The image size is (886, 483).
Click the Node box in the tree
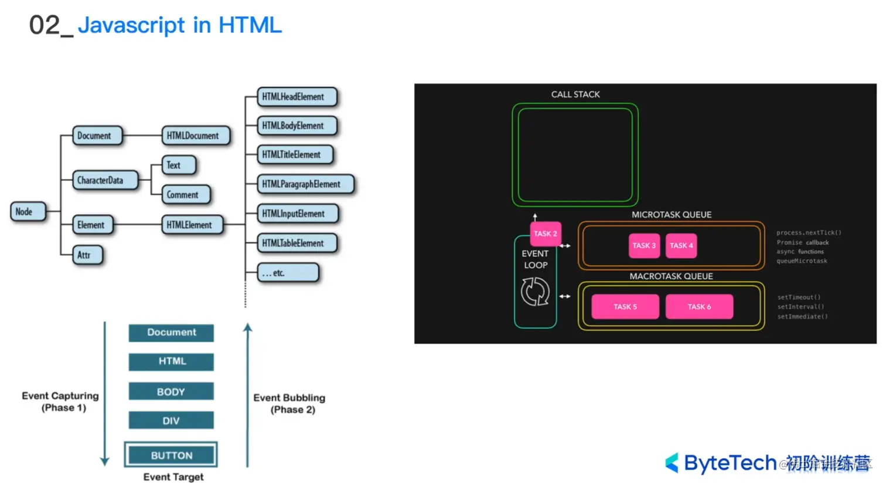coord(28,212)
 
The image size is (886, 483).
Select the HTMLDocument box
coord(195,136)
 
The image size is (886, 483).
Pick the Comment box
coord(185,195)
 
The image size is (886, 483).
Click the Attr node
coord(87,255)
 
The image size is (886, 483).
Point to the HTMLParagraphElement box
coord(305,184)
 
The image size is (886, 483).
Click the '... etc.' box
coord(288,273)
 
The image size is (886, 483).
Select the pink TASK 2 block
coord(545,234)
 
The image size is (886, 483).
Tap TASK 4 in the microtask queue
coord(681,246)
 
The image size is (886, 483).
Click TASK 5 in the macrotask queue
coord(625,307)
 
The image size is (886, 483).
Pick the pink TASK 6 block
coord(699,307)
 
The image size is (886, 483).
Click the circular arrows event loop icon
coord(535,292)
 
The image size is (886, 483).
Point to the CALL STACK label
coord(575,94)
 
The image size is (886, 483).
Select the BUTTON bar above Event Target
coord(171,455)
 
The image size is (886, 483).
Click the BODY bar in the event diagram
coord(171,391)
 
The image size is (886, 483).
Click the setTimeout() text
coord(799,298)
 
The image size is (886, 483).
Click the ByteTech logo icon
coord(672,463)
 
